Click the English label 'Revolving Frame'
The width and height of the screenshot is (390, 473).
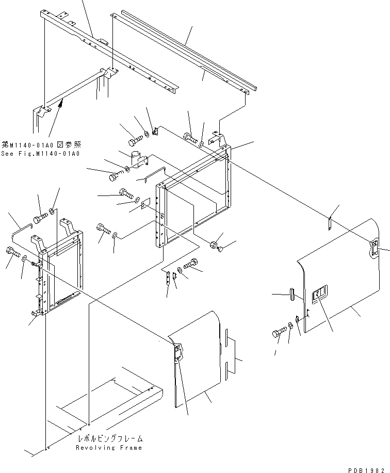point(109,448)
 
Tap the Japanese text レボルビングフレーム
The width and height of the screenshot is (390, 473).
point(109,438)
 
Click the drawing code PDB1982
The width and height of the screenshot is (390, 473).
point(368,468)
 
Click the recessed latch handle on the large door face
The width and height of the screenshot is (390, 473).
point(320,294)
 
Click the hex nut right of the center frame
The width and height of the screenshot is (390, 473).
point(213,244)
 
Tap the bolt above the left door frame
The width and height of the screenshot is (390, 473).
point(41,216)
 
